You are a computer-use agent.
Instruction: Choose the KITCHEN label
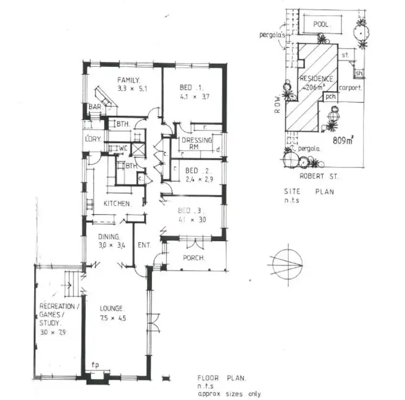click(117, 204)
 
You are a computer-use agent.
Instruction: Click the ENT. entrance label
click(144, 246)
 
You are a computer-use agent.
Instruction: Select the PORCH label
click(194, 258)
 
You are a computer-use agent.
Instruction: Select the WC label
click(123, 147)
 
